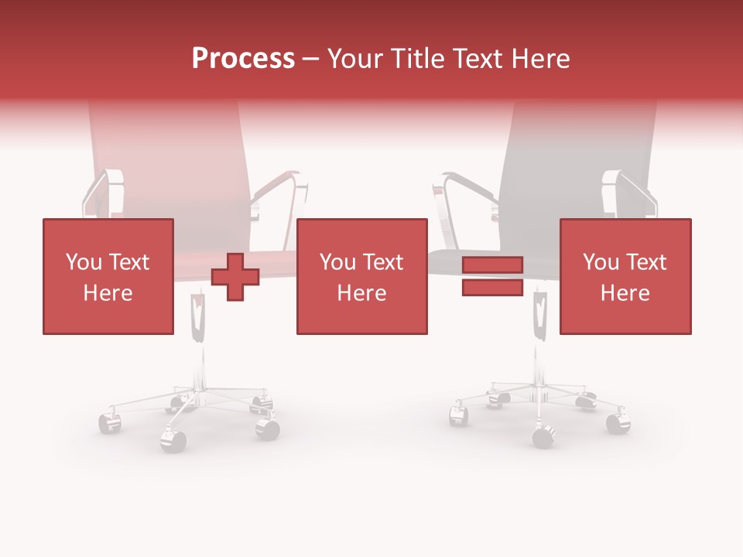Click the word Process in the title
coord(243,58)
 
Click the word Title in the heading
coord(419,58)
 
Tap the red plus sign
coord(235,276)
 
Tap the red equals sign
coord(492,276)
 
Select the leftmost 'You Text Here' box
coord(108,276)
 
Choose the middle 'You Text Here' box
coord(361,276)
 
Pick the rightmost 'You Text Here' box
coord(625,276)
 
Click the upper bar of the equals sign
coord(492,265)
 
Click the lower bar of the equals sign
coord(492,287)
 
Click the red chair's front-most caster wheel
coord(173,440)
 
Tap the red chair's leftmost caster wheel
coord(109,422)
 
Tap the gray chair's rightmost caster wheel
coord(618,423)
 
